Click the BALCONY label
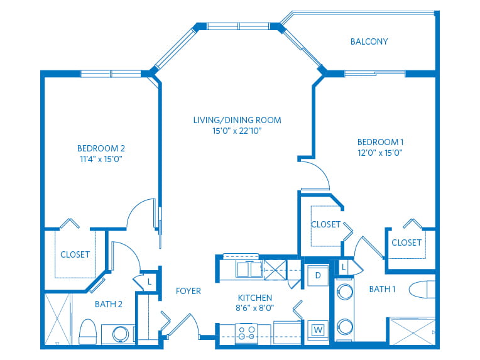pos(369,42)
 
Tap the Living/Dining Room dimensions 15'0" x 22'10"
pos(236,131)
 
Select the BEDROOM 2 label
pos(101,148)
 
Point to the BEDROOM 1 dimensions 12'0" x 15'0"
pos(379,152)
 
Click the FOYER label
pos(188,291)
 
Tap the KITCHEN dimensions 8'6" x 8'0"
pos(254,308)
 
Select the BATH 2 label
pos(108,304)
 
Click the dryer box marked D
pos(318,275)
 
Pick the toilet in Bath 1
pos(422,290)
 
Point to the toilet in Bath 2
pos(89,330)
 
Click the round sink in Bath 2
pos(121,334)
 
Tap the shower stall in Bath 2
pos(58,319)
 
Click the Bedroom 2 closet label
pos(75,254)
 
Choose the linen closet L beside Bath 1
pos(344,268)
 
